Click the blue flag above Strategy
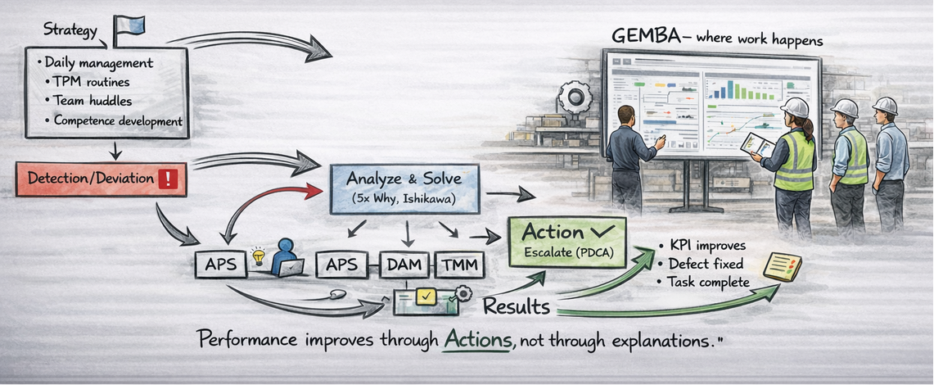[x=130, y=25]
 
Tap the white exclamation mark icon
[x=167, y=179]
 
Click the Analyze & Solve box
[x=393, y=188]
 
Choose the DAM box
[x=405, y=265]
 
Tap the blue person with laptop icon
[x=287, y=257]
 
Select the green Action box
[x=566, y=241]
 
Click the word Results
[x=516, y=307]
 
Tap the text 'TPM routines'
[x=91, y=82]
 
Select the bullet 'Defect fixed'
[x=706, y=264]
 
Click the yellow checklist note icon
[x=782, y=267]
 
